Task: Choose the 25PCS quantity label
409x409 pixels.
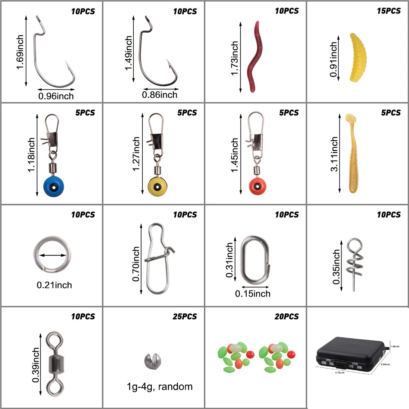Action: [x=184, y=317]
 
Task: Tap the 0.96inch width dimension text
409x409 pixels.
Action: [x=56, y=96]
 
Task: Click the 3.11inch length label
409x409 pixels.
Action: [x=335, y=154]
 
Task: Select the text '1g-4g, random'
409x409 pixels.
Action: [x=159, y=387]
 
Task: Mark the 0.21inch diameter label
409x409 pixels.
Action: [x=54, y=284]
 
